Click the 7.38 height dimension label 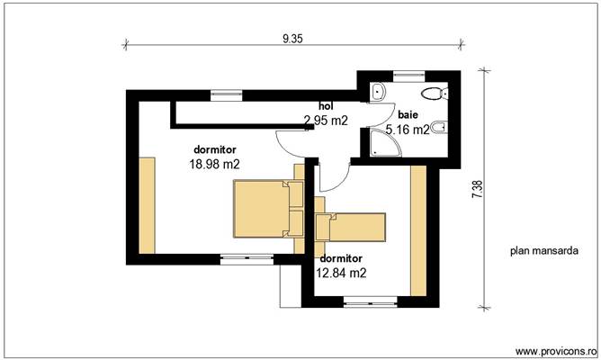[x=477, y=189]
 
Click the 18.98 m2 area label [x=214, y=165]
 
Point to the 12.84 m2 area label [x=341, y=271]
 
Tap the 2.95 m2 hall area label [x=326, y=120]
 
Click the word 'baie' [x=408, y=115]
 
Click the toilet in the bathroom [x=436, y=93]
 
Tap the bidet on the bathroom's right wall [x=437, y=129]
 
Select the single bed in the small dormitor [x=351, y=227]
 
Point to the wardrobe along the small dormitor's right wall [x=417, y=230]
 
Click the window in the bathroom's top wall [x=408, y=76]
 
